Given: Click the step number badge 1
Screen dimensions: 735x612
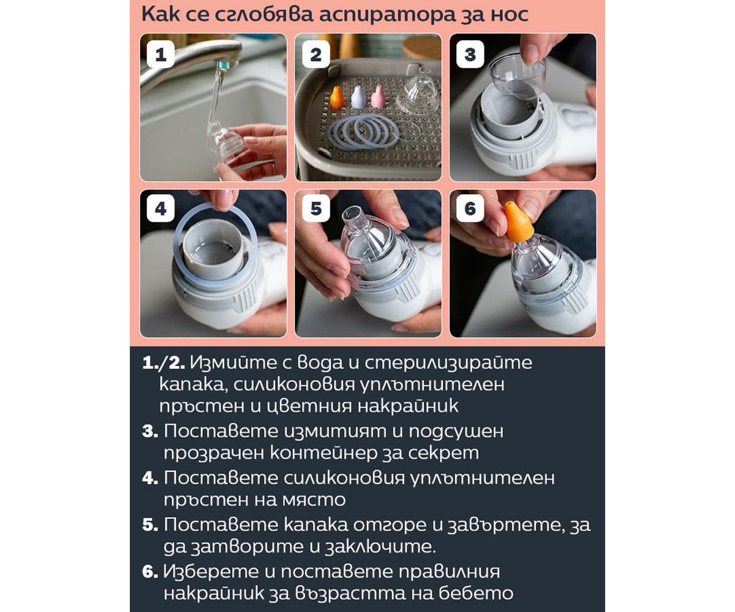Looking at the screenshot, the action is (160, 54).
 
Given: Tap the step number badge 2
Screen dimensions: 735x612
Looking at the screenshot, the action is (315, 54).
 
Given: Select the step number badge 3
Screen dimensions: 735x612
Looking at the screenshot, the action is (470, 54).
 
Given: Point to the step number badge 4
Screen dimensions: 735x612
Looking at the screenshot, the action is (160, 208).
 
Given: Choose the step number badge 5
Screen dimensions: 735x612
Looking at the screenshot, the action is (316, 208).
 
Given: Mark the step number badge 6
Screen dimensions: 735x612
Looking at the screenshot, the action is (470, 208).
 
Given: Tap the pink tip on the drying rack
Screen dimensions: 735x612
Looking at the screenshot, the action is (378, 96).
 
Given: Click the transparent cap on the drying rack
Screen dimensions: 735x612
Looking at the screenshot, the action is (419, 91).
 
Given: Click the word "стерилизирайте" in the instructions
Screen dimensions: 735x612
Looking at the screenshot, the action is (448, 363).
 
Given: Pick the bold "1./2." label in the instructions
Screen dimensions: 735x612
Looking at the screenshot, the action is (164, 363).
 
